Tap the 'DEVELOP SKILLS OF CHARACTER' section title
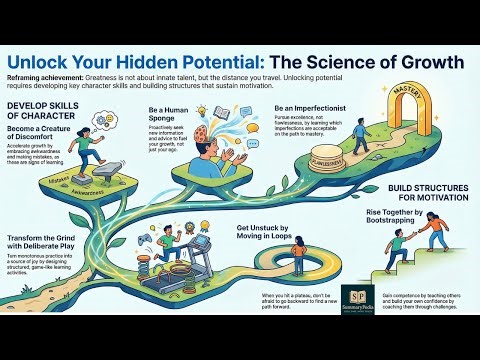(41, 111)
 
